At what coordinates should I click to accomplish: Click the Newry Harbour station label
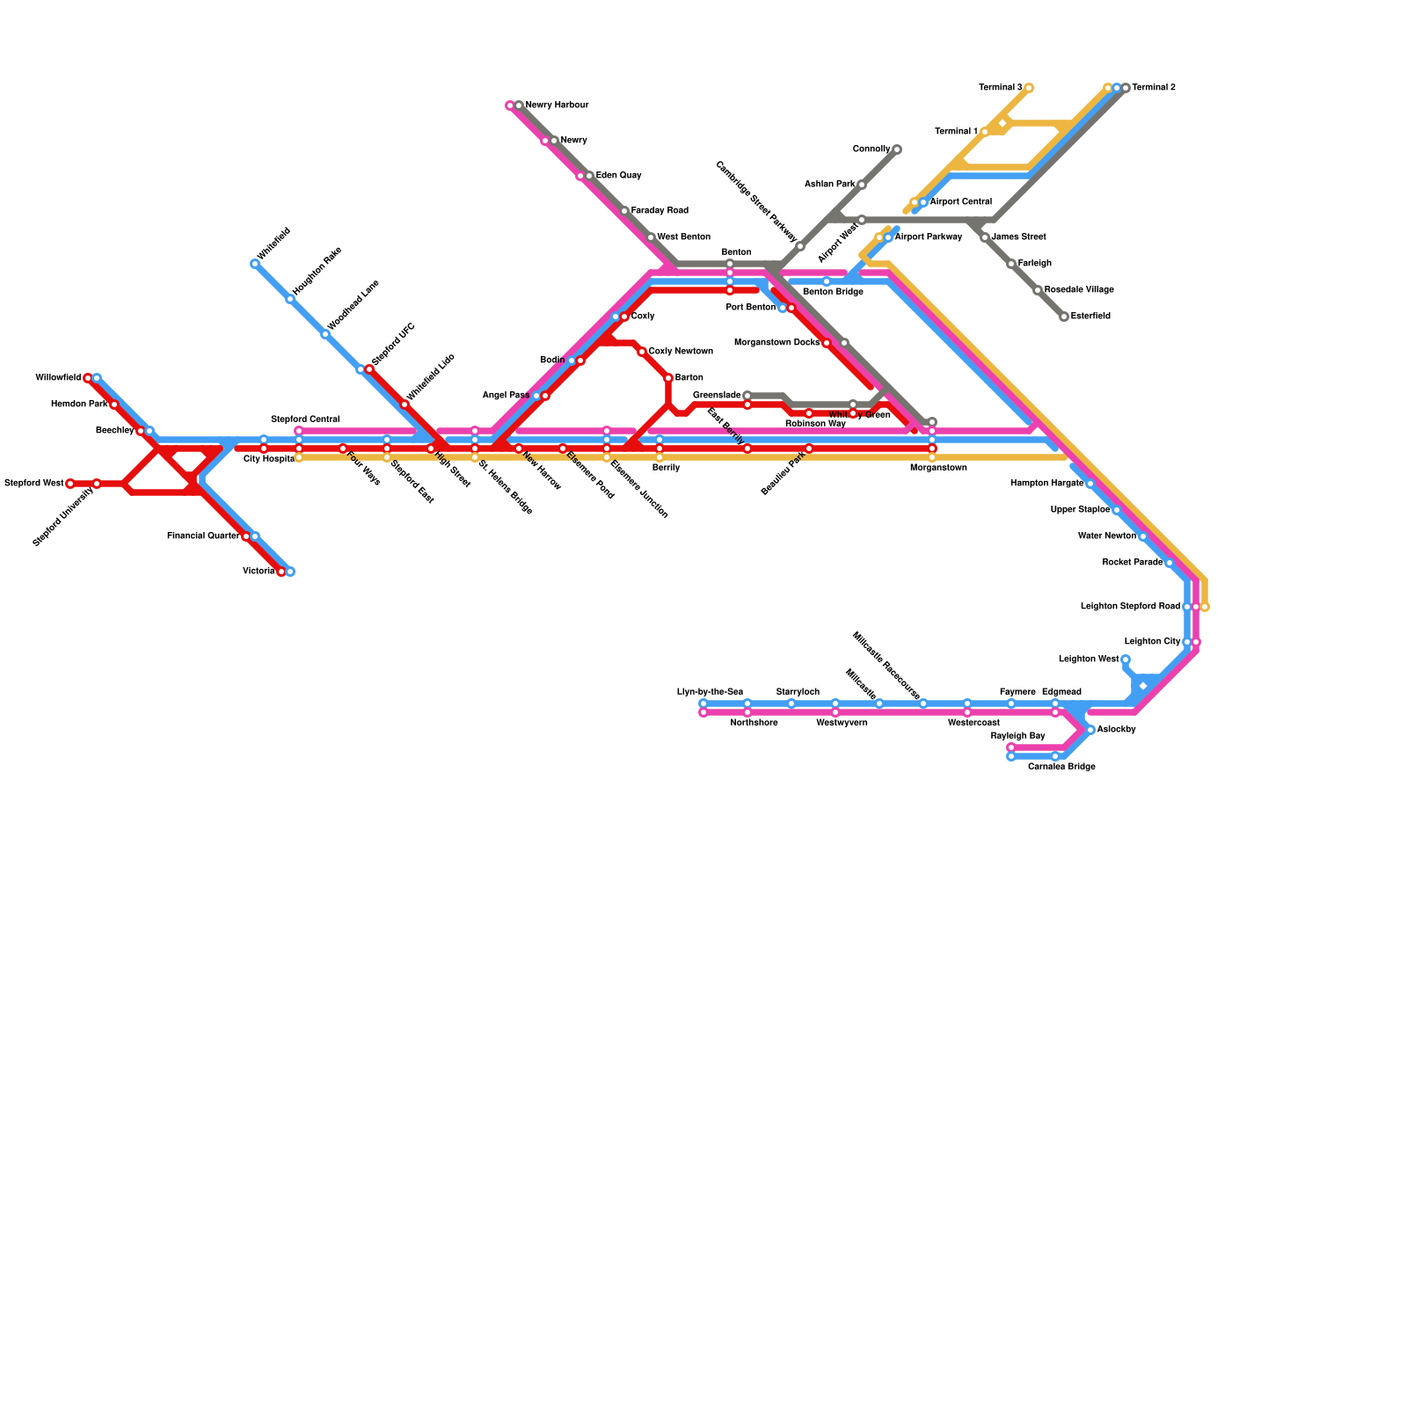coord(557,106)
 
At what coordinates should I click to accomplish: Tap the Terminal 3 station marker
coord(1028,88)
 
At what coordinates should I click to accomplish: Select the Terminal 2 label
coord(1153,88)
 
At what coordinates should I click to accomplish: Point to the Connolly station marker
coord(896,149)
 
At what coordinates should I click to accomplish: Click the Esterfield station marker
coord(1064,317)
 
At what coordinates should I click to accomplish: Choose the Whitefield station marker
coord(255,264)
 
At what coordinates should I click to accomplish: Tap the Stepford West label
coord(33,484)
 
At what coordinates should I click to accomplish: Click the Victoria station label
coord(259,572)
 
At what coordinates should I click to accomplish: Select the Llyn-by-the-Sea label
coord(710,692)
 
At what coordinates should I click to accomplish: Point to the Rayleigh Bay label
coord(1017,736)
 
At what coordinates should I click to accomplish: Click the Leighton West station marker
coord(1125,660)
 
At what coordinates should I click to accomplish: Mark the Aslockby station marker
coord(1090,730)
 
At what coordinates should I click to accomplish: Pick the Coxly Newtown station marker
coord(642,352)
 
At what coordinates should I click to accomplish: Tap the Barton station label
coord(689,378)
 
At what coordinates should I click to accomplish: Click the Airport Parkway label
coord(928,237)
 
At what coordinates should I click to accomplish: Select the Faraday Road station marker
coord(624,211)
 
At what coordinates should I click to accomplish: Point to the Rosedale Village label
coord(1079,290)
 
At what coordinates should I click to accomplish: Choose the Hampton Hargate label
coord(1046,484)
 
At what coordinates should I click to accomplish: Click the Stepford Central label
coord(304,419)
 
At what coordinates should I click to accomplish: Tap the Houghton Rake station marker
coord(290,299)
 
